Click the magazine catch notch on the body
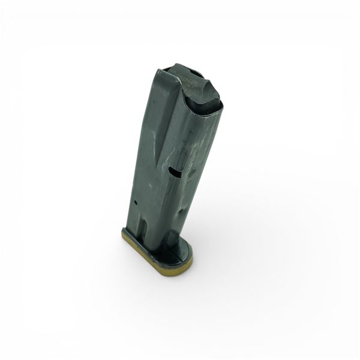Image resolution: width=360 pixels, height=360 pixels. pos(175,172)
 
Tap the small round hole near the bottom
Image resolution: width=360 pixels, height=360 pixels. pos(137,203)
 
